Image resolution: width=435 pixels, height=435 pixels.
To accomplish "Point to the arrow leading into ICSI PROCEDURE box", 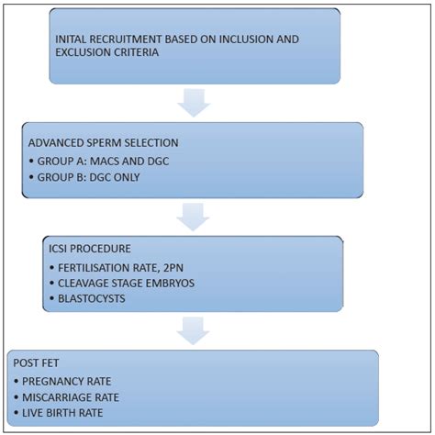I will coord(195,217).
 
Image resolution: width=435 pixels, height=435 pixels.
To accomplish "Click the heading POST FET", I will coord(33,362).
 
